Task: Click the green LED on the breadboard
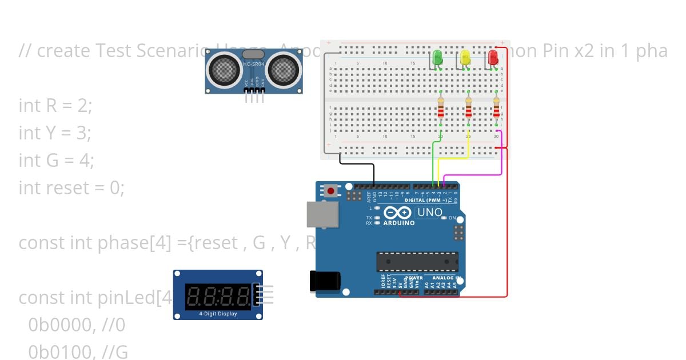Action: tap(437, 57)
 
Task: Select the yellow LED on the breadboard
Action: tap(465, 57)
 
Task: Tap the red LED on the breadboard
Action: tap(493, 57)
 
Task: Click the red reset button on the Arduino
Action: tap(330, 190)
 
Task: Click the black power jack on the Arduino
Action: tap(325, 281)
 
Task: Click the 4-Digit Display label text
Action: tap(218, 314)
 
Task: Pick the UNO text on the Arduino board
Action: tap(430, 213)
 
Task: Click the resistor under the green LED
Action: tap(441, 108)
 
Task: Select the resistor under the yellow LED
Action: tap(468, 108)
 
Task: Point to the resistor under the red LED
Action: tap(496, 108)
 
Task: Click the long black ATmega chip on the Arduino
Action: tap(417, 262)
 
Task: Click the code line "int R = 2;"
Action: tap(55, 106)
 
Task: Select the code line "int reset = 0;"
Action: tap(71, 188)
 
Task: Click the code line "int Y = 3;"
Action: tap(55, 133)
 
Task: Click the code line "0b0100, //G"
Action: tap(78, 353)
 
